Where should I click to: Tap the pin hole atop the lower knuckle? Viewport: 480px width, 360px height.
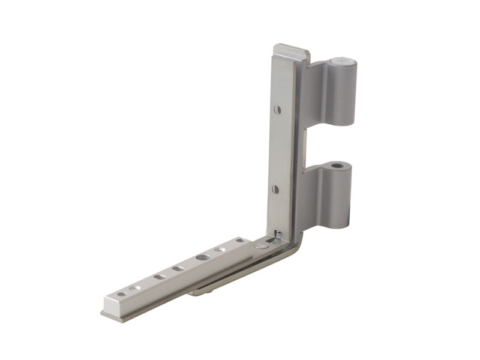click(x=338, y=164)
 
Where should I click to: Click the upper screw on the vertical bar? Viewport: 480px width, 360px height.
click(x=277, y=110)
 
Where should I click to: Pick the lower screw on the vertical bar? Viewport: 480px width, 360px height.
click(x=275, y=189)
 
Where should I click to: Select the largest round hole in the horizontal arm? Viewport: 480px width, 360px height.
click(x=202, y=257)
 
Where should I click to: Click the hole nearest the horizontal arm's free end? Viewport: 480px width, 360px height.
click(x=122, y=294)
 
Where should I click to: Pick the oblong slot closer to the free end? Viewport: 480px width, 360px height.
click(x=159, y=277)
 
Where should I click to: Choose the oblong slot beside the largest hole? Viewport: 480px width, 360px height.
click(x=178, y=268)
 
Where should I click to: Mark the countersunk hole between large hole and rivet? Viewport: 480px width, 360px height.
click(x=220, y=249)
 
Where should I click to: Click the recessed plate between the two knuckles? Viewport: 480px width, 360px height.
click(x=307, y=144)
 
